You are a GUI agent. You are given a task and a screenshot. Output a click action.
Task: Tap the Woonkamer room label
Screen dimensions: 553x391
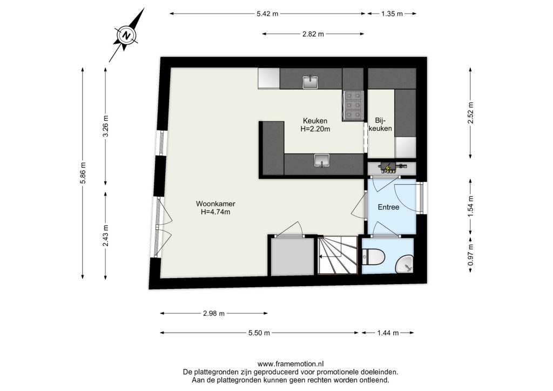215,204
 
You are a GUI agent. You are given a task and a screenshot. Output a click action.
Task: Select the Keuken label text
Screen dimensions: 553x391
315,121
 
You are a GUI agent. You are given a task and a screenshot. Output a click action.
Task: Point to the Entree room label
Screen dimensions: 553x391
388,207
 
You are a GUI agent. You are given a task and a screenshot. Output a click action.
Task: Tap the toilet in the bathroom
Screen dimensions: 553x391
373,257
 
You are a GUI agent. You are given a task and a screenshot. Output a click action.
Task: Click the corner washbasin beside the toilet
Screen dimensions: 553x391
406,265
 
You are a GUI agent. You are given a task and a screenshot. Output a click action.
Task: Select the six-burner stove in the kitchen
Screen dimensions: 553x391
353,104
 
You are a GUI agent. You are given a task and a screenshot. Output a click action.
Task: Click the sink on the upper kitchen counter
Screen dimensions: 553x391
311,82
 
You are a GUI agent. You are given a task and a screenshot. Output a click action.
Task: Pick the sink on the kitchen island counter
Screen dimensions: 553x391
322,160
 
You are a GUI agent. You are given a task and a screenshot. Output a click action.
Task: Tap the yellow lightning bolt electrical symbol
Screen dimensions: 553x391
388,168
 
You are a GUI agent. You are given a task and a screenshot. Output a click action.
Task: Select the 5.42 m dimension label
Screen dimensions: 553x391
267,14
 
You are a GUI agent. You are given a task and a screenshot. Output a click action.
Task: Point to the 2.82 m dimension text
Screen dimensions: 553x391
313,34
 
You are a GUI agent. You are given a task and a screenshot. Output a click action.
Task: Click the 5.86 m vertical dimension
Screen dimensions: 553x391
83,173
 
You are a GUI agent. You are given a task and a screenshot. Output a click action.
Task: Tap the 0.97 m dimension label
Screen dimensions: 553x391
470,255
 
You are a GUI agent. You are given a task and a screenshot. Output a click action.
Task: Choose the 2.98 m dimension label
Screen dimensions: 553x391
214,313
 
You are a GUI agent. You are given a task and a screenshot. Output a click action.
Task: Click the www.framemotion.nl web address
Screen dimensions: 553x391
291,364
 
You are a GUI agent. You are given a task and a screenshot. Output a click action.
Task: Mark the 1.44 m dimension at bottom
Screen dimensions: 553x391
388,333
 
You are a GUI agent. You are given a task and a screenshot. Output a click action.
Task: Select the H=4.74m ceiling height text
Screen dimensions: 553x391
215,212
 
